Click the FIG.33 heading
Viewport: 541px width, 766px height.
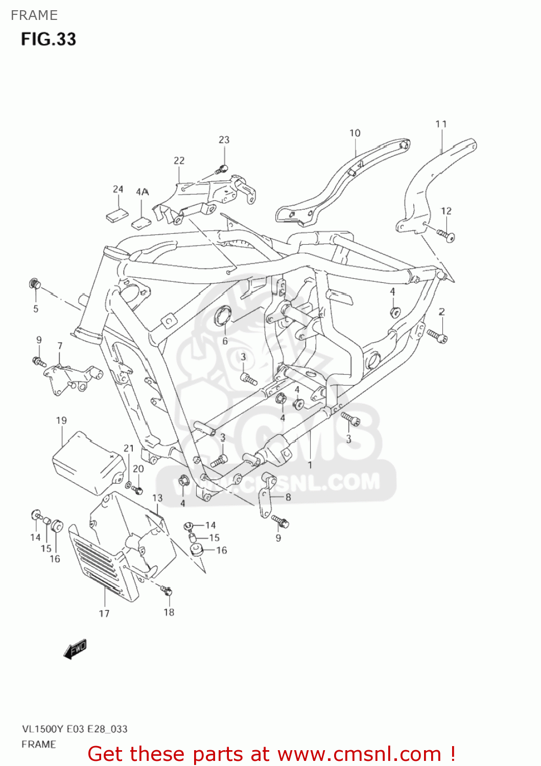tap(49, 39)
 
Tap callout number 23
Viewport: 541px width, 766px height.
tap(224, 140)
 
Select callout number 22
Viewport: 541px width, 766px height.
tap(179, 161)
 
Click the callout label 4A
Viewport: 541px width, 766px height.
tap(142, 192)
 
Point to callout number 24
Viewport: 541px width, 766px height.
tap(118, 189)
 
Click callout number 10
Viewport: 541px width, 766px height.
tap(355, 133)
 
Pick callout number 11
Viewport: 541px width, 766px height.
tap(441, 124)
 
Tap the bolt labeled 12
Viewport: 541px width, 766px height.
tap(445, 235)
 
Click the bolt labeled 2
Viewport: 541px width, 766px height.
tap(437, 336)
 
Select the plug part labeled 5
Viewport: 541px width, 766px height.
tap(35, 283)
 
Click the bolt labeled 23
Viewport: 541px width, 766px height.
tap(222, 168)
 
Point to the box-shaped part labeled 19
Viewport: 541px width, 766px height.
tap(88, 464)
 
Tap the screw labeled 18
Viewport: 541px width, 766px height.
tap(167, 591)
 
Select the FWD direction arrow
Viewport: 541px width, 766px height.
tap(75, 649)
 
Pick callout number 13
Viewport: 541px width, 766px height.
tap(157, 498)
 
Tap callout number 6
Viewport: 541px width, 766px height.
tap(225, 341)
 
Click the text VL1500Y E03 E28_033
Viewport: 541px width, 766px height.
tap(75, 729)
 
